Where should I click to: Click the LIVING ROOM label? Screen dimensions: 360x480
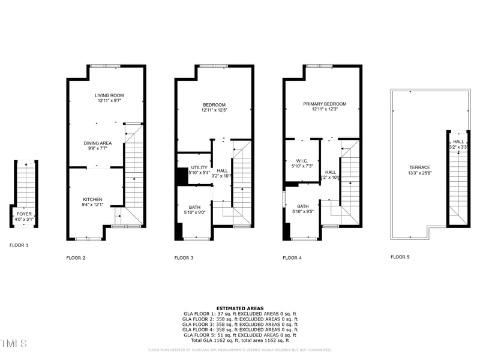click(x=109, y=95)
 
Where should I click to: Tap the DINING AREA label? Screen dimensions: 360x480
click(x=97, y=143)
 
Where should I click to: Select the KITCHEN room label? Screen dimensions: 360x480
click(x=92, y=200)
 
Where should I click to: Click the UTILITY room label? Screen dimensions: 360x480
click(x=199, y=167)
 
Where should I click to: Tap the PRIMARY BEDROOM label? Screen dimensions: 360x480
click(x=325, y=104)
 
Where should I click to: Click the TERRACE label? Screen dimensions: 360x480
click(x=420, y=167)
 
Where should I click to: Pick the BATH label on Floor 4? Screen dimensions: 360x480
click(x=302, y=206)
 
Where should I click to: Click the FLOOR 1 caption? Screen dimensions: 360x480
click(x=19, y=245)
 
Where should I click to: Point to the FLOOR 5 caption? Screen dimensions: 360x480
click(x=400, y=257)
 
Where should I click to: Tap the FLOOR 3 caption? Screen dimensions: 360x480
click(x=184, y=257)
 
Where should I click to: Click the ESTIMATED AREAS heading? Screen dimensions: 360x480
click(x=240, y=308)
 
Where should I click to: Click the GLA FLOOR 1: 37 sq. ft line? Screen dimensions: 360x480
click(x=240, y=314)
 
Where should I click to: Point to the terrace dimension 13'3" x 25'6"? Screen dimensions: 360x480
click(x=420, y=173)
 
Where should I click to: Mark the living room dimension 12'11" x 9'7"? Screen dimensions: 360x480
click(x=109, y=101)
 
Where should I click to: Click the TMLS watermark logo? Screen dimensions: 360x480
click(x=13, y=343)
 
